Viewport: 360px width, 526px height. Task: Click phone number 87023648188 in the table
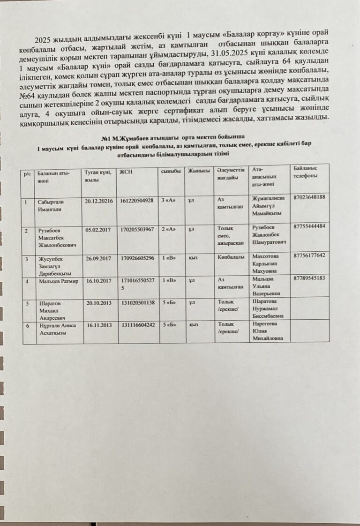click(x=309, y=197)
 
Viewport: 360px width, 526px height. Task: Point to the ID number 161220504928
click(x=137, y=200)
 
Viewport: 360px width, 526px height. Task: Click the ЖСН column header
click(x=126, y=172)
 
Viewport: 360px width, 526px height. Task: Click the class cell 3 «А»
click(x=168, y=200)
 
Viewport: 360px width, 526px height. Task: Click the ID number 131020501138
click(x=137, y=303)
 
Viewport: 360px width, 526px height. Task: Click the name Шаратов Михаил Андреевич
click(x=52, y=309)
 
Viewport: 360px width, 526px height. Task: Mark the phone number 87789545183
click(x=309, y=278)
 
